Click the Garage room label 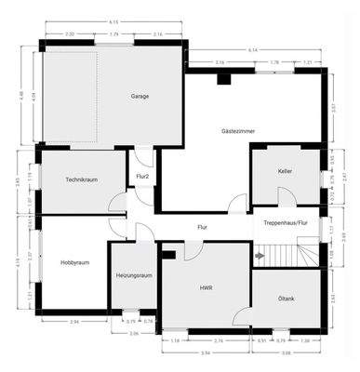[x=140, y=96]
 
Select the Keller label [x=285, y=172]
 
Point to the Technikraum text [x=82, y=179]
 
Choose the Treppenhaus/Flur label [x=286, y=224]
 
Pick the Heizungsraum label [x=133, y=276]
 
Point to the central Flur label [x=202, y=227]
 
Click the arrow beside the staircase [x=259, y=255]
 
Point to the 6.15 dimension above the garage [x=113, y=20]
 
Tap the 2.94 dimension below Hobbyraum [x=73, y=321]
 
